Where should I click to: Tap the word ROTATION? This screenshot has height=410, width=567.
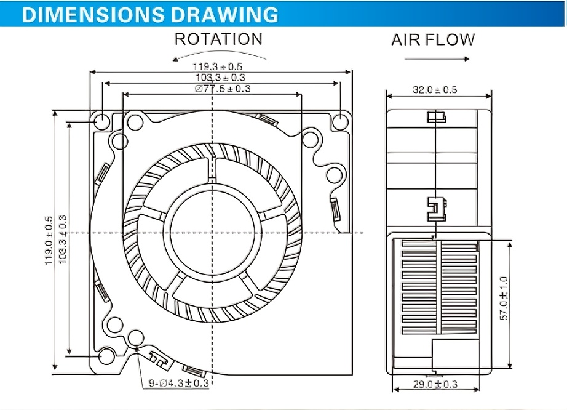[218, 39]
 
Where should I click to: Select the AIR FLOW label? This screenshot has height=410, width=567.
[433, 40]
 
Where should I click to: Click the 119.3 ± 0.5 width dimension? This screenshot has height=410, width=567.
[218, 66]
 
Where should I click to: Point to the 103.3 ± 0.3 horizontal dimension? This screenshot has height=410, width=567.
[220, 78]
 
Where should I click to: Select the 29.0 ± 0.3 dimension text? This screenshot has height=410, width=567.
[436, 385]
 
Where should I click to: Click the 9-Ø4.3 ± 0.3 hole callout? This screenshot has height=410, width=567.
[179, 383]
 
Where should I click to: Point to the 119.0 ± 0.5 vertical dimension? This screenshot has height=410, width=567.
[49, 240]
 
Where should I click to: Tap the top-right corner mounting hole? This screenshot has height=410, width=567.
[340, 121]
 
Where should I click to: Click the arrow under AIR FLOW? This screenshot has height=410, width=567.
[437, 59]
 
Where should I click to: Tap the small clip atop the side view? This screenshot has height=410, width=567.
[436, 117]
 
